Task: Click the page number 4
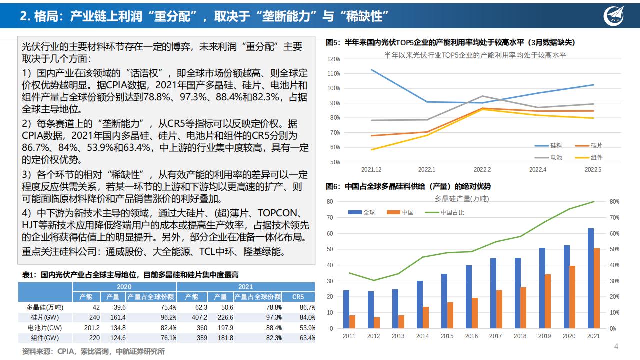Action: tap(616, 347)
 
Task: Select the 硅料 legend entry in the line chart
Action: tap(549, 146)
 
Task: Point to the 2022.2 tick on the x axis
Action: tap(482, 170)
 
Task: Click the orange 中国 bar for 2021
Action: tap(596, 288)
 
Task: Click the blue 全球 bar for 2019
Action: tap(542, 288)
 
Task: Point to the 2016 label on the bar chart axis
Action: tap(471, 336)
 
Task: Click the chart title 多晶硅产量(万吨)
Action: tap(462, 199)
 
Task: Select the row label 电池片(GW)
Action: tap(44, 328)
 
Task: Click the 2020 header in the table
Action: tap(124, 287)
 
